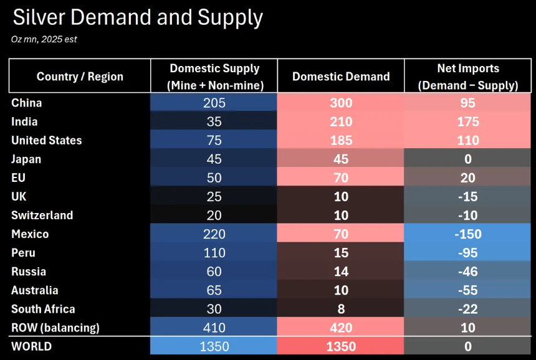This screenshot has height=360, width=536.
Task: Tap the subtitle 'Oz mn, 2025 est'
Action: [x=44, y=39]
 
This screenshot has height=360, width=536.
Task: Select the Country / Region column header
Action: [x=80, y=77]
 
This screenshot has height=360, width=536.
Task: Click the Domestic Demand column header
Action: [x=341, y=77]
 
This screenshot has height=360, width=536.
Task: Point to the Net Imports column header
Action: [x=468, y=77]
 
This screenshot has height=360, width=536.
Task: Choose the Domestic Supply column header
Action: [x=214, y=77]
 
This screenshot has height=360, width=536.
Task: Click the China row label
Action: [x=26, y=103]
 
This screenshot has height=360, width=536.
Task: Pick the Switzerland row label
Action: [x=42, y=215]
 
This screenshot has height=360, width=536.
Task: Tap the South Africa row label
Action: [x=43, y=309]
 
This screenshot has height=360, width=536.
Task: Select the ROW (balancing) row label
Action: [x=55, y=328]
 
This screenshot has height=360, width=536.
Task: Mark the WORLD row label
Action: [x=31, y=346]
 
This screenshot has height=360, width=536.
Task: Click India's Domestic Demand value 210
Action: [x=341, y=121]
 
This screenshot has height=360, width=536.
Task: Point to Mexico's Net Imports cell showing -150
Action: [x=468, y=234]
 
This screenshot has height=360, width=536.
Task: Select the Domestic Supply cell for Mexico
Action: [x=214, y=234]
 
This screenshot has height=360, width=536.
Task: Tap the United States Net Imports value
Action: [x=468, y=140]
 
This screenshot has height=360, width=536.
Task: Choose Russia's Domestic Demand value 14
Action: [x=341, y=272]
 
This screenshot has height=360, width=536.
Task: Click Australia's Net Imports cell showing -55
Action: [x=468, y=290]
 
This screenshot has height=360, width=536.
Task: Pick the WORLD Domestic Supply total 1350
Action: [x=214, y=346]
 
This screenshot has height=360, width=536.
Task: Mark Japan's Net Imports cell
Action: [x=468, y=159]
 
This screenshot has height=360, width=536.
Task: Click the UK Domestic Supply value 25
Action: [x=214, y=196]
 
